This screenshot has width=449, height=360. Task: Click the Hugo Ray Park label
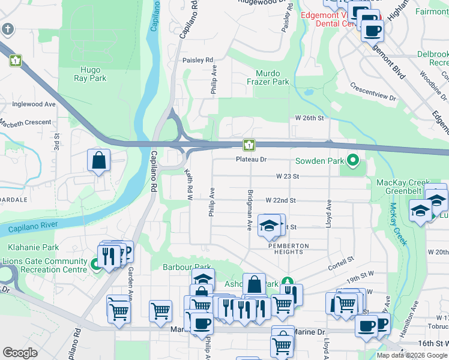point(90,74)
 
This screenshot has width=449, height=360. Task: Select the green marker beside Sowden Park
point(352,160)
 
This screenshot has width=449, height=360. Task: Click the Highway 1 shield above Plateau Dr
point(249,145)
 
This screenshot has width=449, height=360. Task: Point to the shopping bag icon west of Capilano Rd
point(98,161)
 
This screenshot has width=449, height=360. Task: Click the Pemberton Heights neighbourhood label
point(288,249)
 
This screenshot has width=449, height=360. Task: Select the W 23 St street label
point(288,176)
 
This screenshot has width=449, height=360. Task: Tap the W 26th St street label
point(309,118)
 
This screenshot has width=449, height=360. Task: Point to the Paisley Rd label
point(198,60)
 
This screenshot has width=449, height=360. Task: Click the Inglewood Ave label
point(34,104)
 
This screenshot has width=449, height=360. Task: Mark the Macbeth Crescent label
point(25,122)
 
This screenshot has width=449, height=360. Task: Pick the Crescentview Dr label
point(373,92)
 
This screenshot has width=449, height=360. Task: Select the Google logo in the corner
point(20,352)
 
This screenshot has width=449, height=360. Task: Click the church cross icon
point(7,29)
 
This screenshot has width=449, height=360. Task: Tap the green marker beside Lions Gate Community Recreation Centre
point(95,264)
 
